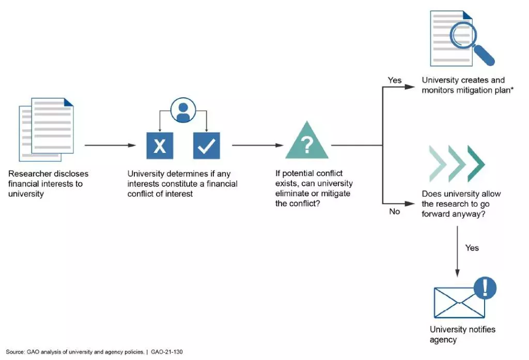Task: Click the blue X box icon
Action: coord(160,146)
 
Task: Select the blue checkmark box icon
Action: coord(207,146)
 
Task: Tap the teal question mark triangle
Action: coord(307,142)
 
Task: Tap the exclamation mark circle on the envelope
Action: coord(485,287)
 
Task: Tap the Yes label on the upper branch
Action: coord(395,80)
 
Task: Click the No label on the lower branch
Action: coord(394,211)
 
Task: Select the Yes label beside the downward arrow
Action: coord(472,248)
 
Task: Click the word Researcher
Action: coord(30,174)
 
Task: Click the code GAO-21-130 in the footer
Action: coord(167,352)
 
